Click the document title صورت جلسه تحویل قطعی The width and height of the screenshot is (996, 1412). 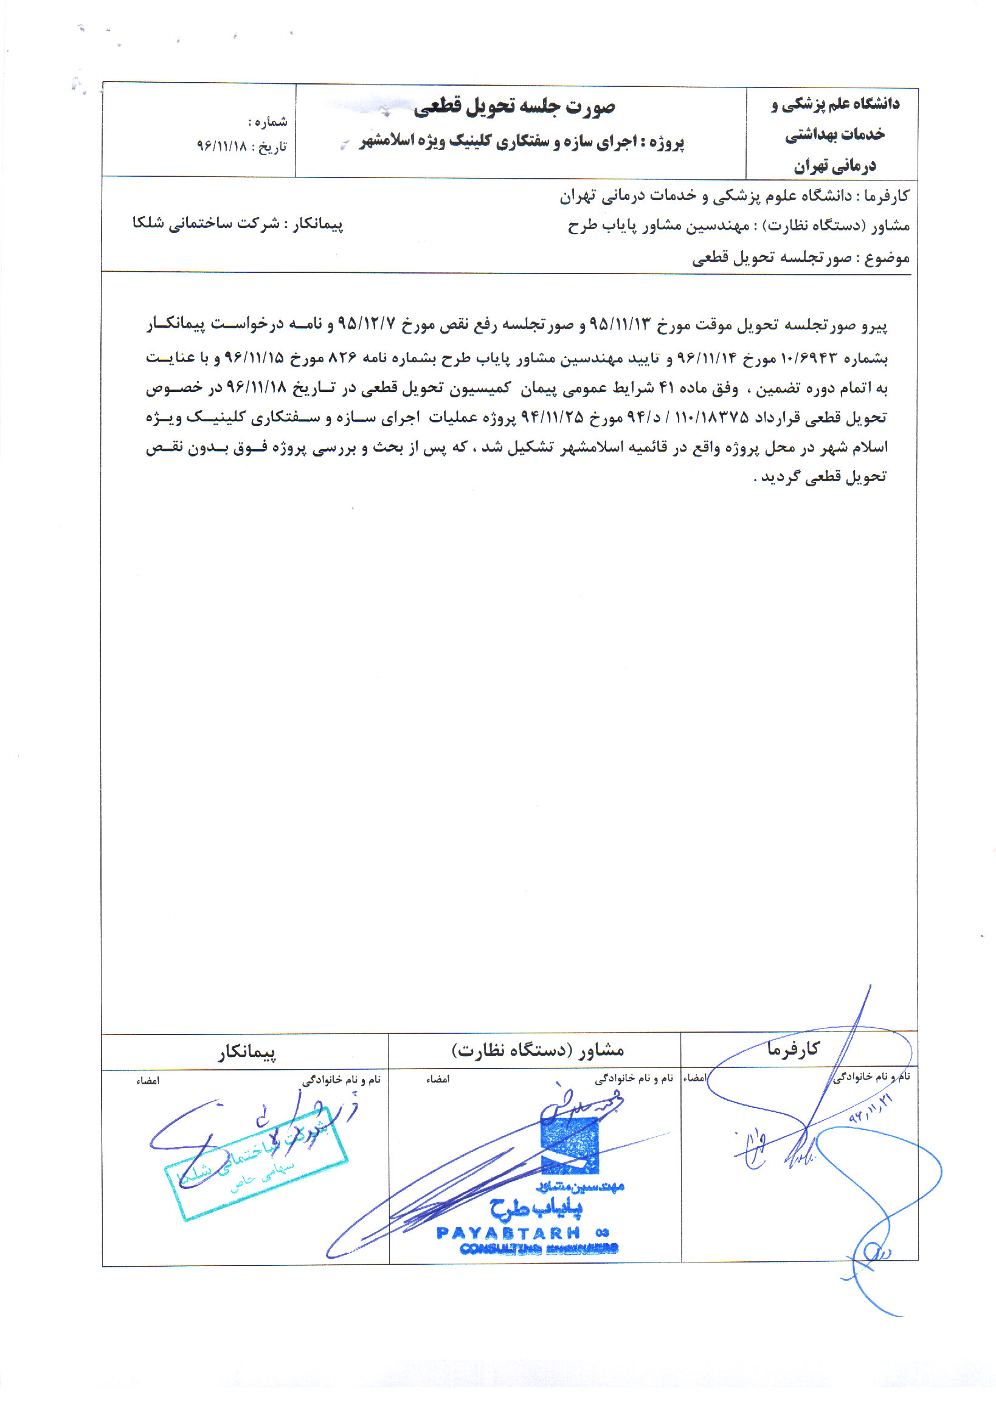[x=514, y=107]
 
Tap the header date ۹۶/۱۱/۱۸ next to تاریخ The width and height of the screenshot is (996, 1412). [x=221, y=146]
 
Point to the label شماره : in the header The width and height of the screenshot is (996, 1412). [x=268, y=121]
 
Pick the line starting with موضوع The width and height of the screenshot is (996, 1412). [x=800, y=258]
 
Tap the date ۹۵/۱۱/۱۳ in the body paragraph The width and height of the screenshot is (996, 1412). [x=620, y=324]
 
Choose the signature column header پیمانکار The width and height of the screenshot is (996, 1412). [x=246, y=1052]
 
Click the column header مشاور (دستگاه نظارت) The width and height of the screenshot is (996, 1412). [x=538, y=1050]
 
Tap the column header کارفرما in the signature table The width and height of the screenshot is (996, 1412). [x=793, y=1049]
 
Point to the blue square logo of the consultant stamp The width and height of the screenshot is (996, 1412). [x=569, y=1145]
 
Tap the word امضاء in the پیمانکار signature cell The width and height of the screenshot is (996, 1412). [x=148, y=1081]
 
